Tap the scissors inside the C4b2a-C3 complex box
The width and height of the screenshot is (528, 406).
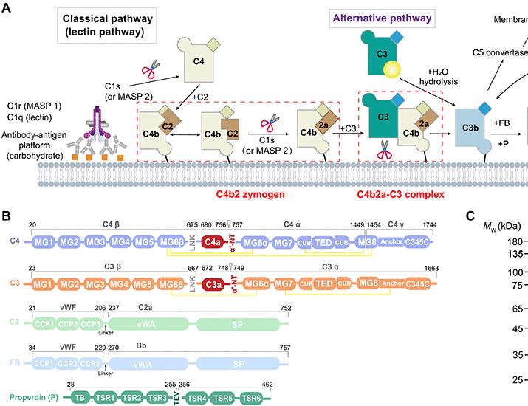(x=385, y=156)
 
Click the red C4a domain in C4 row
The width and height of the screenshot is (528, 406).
(x=213, y=242)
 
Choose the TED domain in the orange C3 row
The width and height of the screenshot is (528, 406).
(x=324, y=283)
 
